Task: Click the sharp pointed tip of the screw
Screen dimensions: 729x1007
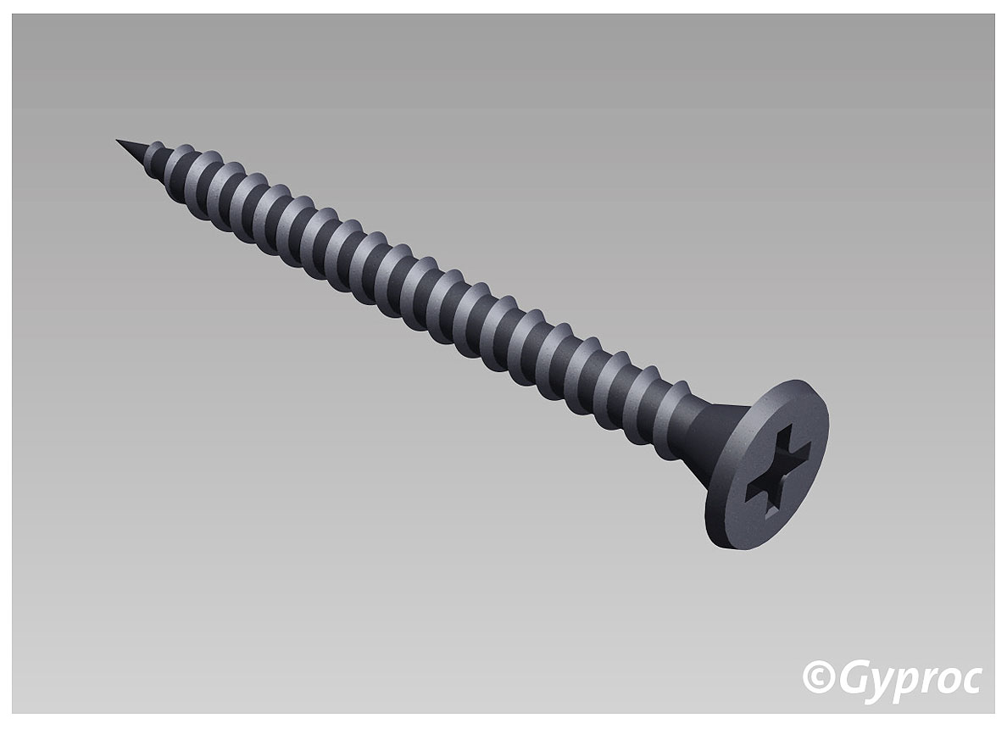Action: tap(119, 141)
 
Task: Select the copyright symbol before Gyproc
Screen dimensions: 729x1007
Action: tap(817, 677)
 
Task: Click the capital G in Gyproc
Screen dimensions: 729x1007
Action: tap(850, 677)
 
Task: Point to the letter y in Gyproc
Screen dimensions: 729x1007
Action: tap(878, 683)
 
